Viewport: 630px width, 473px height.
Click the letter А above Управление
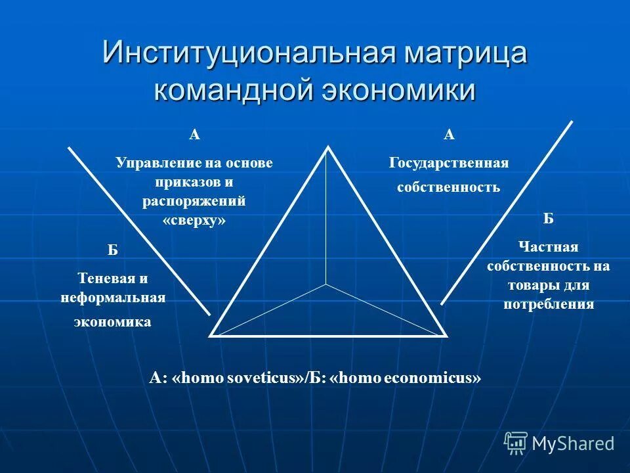194,135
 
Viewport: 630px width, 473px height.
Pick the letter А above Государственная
449,135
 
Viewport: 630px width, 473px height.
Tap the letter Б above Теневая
112,250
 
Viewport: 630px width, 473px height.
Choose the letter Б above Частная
548,219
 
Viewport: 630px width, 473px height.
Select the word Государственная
449,162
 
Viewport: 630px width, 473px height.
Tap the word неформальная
112,298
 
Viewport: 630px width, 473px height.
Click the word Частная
548,247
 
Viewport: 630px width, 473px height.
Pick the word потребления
548,304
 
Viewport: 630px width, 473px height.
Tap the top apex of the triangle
328,146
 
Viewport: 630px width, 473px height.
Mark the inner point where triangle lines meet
326,284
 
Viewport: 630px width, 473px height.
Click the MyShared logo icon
516,442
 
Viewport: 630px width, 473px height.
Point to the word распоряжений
194,201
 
